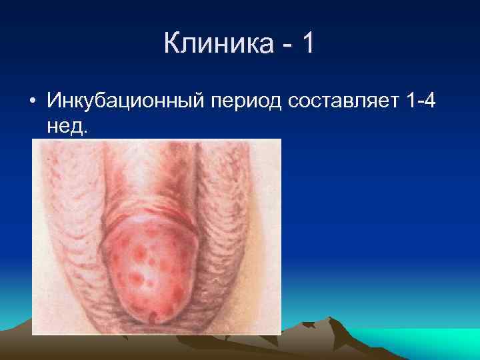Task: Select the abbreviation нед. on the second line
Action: pos(67,127)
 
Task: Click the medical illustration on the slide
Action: pos(157,237)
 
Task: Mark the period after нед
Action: pos(84,132)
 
